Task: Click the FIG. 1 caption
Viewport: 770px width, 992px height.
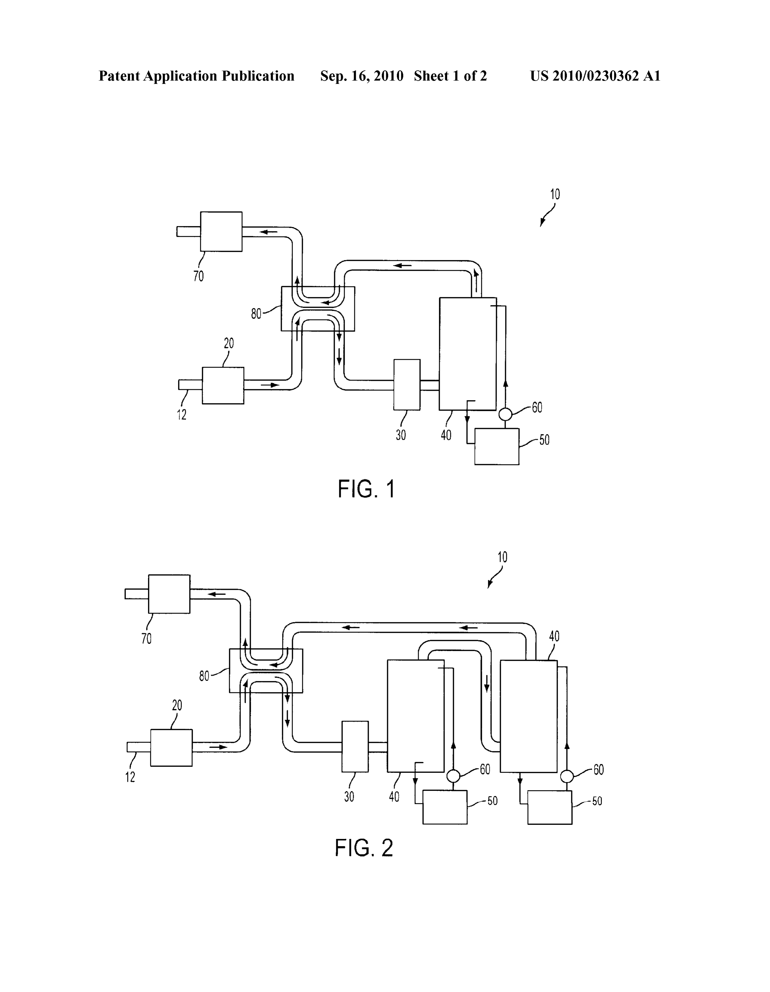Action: (366, 490)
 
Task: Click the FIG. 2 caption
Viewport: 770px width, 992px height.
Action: (364, 848)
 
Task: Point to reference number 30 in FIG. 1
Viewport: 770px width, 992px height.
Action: (400, 435)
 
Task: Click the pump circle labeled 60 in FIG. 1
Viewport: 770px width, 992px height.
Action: (505, 414)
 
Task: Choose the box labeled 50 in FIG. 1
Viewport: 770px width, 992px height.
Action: (497, 446)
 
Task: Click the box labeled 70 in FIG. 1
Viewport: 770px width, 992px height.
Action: (221, 232)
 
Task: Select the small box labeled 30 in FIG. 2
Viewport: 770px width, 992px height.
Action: (355, 747)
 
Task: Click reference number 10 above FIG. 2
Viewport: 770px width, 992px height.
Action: (502, 557)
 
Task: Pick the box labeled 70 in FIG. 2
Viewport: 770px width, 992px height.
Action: (169, 594)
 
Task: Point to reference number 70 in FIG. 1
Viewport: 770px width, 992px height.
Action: (199, 276)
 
